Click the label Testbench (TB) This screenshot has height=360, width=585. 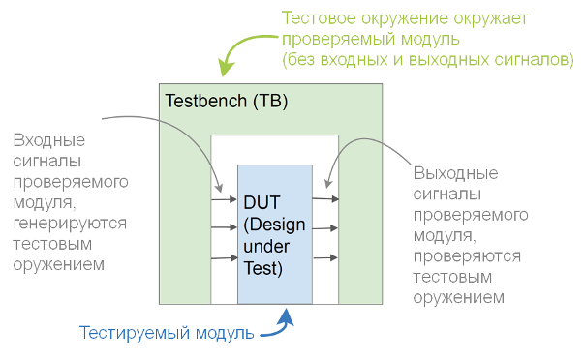coord(226,101)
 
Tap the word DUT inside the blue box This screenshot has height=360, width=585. coord(261,203)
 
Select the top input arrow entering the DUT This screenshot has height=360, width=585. coord(225,201)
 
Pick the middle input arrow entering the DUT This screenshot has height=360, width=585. coord(225,229)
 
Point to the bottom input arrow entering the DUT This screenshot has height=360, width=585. coord(225,258)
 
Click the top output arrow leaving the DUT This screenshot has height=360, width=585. coord(325,199)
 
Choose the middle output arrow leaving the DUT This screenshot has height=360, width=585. coord(325,229)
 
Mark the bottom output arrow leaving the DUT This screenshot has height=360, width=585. coord(325,258)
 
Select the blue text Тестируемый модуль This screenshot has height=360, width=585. coord(167,334)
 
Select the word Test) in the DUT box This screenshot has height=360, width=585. coord(262,269)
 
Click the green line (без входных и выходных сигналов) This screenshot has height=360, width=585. coord(427,60)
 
